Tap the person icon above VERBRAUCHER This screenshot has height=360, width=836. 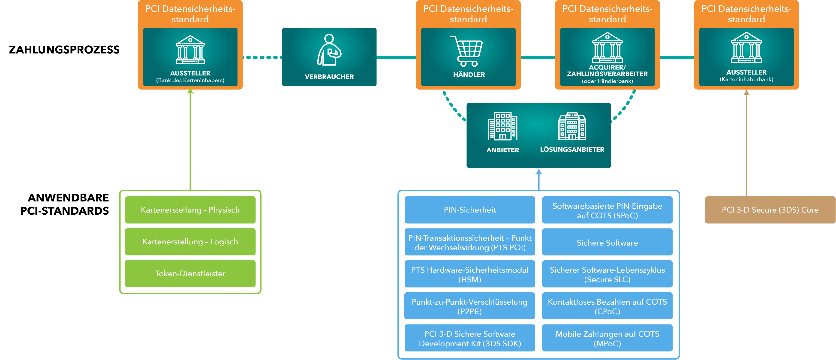coord(329,50)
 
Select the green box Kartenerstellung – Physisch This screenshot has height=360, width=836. coord(190,210)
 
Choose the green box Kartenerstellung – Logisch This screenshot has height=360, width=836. coord(190,242)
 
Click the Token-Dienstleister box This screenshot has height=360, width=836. coord(190,274)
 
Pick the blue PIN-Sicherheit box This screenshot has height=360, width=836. coord(470,210)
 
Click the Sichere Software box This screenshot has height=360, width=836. coord(607,243)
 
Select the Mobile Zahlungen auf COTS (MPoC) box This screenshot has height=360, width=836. coord(607,338)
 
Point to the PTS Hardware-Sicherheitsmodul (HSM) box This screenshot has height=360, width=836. coord(470,274)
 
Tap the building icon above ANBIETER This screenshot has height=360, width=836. coord(503,126)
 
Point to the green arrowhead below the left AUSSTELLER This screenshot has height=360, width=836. coord(190,92)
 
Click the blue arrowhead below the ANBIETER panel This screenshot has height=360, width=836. coord(539,172)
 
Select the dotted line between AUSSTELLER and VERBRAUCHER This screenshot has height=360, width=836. coord(262,57)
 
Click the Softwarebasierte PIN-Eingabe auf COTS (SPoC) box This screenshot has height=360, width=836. coord(607,211)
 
